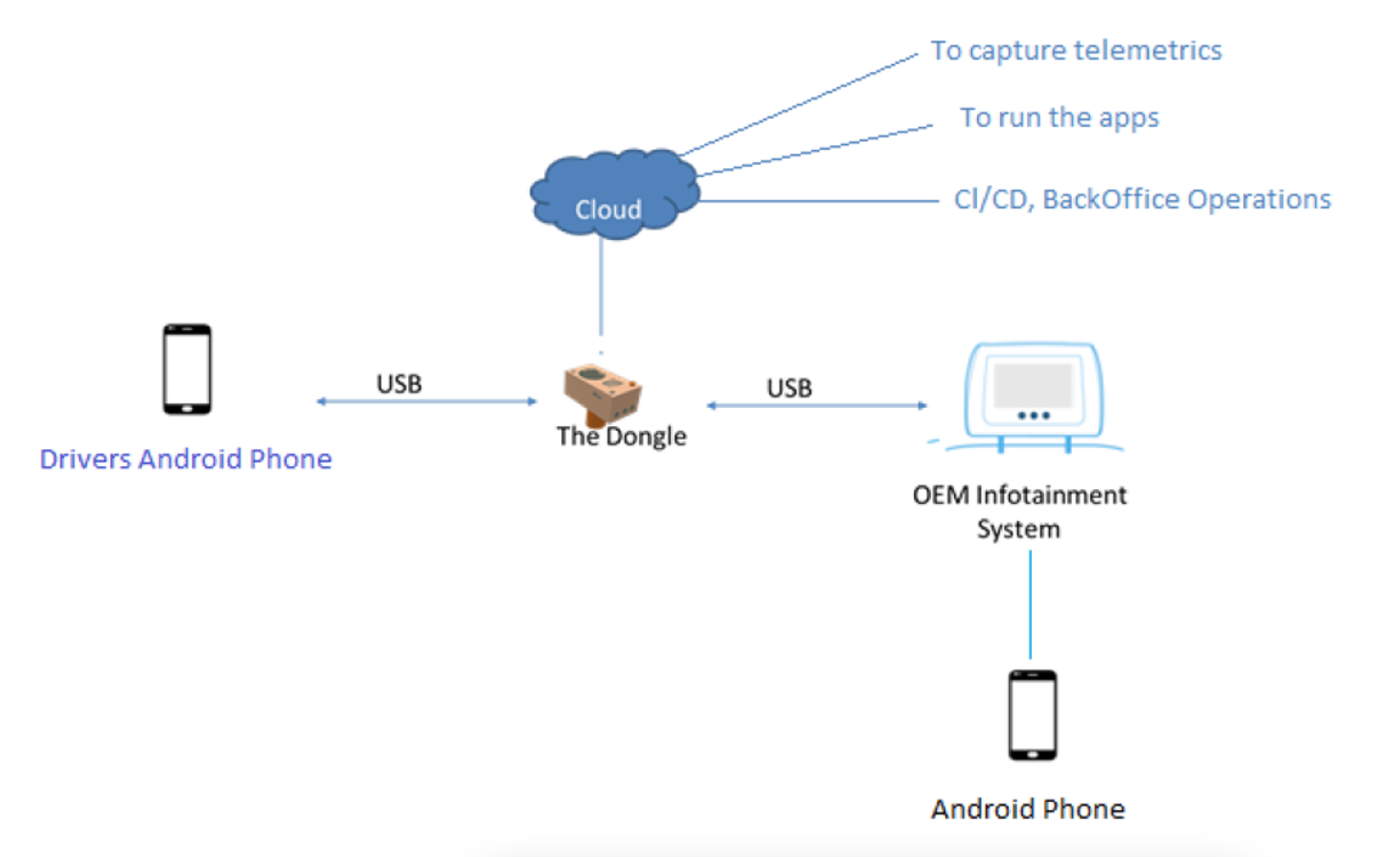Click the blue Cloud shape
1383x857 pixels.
(614, 193)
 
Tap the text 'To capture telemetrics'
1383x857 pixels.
(1076, 51)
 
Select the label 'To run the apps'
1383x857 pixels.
(1059, 117)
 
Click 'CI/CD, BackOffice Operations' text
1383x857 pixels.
(1142, 200)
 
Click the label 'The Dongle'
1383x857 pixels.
(621, 436)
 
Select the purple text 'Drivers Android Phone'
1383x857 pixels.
(185, 459)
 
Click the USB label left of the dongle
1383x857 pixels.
(399, 384)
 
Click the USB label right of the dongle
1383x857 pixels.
(789, 388)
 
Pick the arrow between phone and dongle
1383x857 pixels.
(426, 401)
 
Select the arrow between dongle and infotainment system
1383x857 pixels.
(817, 405)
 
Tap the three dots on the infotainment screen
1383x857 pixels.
(1033, 415)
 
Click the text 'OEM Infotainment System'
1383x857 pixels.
(1019, 511)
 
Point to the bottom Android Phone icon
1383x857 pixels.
(1033, 715)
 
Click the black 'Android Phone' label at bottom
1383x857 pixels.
(1028, 809)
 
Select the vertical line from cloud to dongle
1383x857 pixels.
(601, 287)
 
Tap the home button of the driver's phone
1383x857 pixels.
(187, 409)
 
